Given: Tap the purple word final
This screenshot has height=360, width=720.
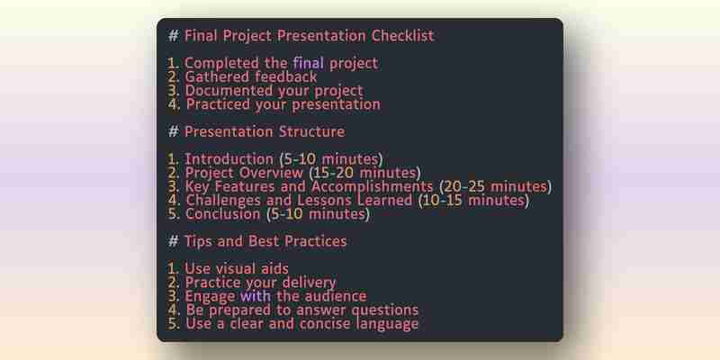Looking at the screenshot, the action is pos(309,63).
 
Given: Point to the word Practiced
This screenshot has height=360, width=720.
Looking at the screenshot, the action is pos(218,104).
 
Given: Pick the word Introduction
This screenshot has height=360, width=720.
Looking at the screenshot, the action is pos(229,159).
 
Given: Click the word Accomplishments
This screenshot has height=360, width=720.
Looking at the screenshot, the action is pos(373,186).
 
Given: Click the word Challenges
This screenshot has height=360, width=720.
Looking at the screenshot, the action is pos(238,200).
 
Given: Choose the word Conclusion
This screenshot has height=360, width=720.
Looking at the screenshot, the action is pos(222,214).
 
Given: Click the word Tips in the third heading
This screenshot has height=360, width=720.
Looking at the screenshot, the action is pos(198,241).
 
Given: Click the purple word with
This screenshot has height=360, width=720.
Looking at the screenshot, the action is pos(255,296).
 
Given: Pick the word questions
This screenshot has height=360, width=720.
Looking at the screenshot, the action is pos(385,310).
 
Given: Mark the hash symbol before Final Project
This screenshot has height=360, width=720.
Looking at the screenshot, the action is pos(173,35).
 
